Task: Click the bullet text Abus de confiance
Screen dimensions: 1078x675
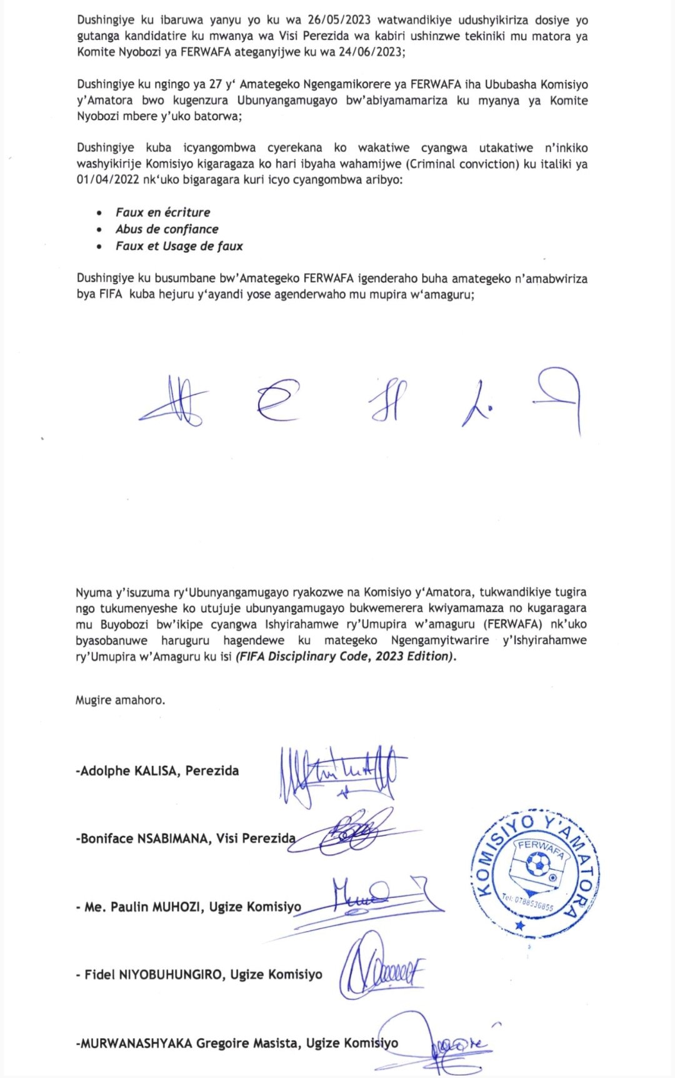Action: [x=167, y=229]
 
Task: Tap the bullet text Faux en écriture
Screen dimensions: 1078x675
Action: [x=162, y=212]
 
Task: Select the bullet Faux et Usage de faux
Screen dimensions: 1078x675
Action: [x=179, y=246]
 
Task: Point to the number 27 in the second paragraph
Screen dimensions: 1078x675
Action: [x=216, y=84]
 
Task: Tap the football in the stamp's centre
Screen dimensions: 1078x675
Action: [x=537, y=865]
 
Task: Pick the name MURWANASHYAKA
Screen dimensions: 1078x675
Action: [x=134, y=1043]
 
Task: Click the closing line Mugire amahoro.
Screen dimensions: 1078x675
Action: [x=120, y=700]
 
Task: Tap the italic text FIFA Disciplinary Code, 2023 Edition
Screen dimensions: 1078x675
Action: [x=346, y=656]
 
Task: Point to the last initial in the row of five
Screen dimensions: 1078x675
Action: [x=559, y=398]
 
